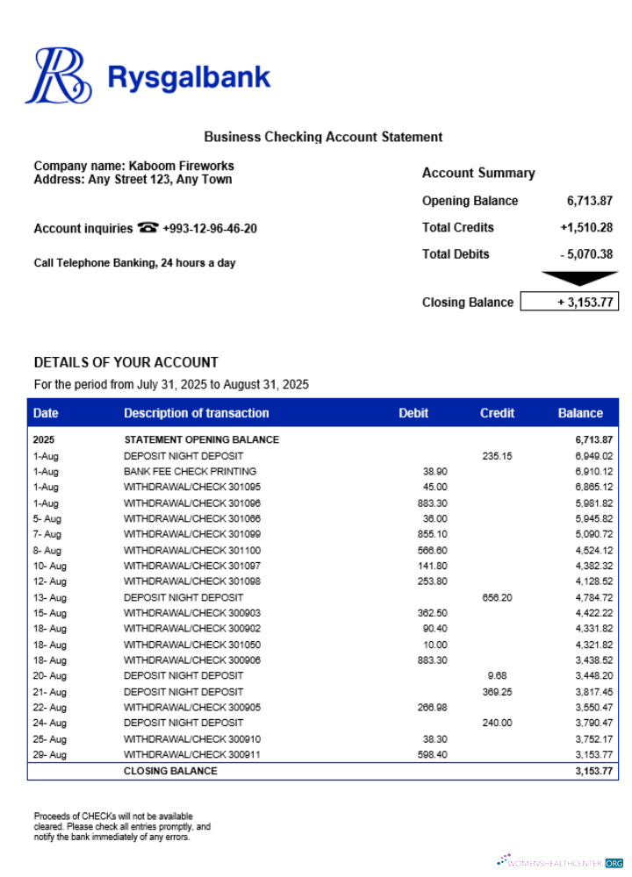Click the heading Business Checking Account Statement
pyautogui.click(x=323, y=137)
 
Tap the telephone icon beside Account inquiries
pyautogui.click(x=147, y=228)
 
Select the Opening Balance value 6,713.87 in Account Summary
pyautogui.click(x=589, y=201)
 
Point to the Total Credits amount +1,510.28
pyautogui.click(x=585, y=227)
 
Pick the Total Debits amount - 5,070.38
pyautogui.click(x=585, y=254)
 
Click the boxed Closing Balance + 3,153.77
pyautogui.click(x=569, y=303)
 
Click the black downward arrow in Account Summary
pyautogui.click(x=579, y=278)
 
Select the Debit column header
pyautogui.click(x=413, y=413)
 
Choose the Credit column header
pyautogui.click(x=497, y=413)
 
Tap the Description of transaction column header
pyautogui.click(x=196, y=413)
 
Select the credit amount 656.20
pyautogui.click(x=497, y=597)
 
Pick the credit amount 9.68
pyautogui.click(x=497, y=676)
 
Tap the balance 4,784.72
pyautogui.click(x=593, y=597)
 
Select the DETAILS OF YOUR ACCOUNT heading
pyautogui.click(x=126, y=362)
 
